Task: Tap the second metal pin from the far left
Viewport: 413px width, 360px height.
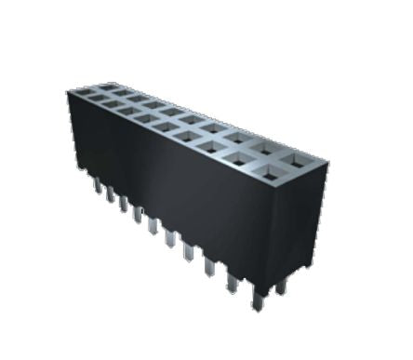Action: click(x=111, y=198)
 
